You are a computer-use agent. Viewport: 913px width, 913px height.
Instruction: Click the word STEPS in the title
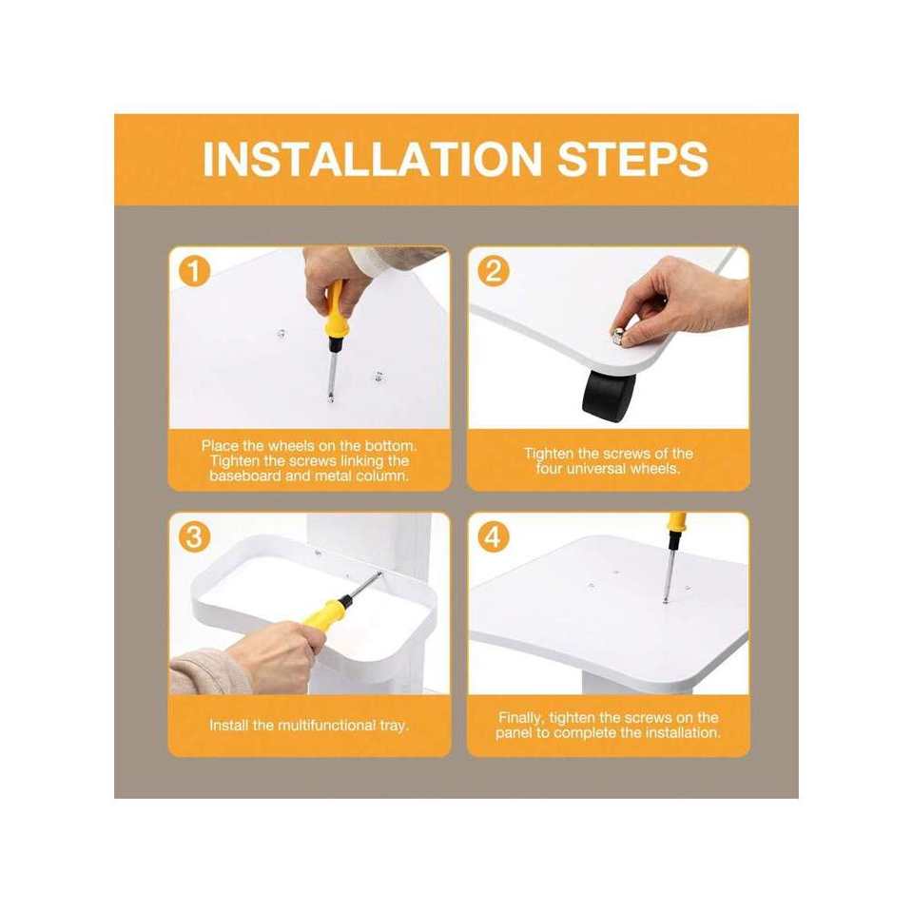tap(633, 159)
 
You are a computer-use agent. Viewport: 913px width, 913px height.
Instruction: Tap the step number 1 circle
tap(194, 271)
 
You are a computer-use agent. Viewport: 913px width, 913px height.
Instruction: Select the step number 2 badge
tap(494, 271)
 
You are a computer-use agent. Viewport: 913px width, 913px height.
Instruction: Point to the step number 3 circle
tap(194, 536)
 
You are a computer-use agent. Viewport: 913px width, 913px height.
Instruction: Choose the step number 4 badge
tap(494, 536)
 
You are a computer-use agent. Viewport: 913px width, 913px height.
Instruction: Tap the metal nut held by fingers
tap(618, 336)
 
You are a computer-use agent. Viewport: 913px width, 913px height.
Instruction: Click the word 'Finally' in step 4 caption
tap(521, 718)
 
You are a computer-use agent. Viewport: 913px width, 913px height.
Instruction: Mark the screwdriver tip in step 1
tap(331, 399)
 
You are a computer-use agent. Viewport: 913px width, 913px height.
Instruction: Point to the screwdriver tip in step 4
tap(666, 600)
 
